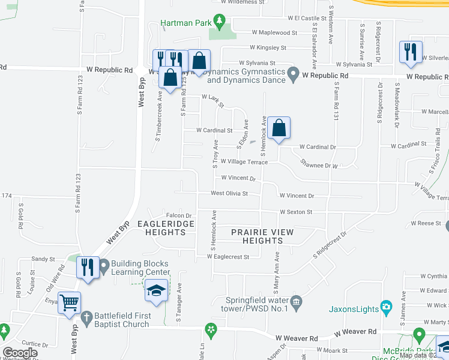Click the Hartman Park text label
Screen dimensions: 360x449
[187, 24]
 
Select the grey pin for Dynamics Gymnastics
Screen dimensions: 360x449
[293, 75]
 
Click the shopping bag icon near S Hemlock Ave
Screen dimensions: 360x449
[279, 128]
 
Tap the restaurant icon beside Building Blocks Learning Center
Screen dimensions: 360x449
[88, 267]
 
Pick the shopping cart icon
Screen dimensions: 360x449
[69, 303]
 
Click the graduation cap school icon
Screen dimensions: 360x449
[157, 292]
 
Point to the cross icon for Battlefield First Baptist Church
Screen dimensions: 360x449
[86, 316]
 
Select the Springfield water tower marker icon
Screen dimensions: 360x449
[295, 301]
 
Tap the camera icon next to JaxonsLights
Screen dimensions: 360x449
[387, 309]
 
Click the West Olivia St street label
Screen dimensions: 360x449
[229, 193]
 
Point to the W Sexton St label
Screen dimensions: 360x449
[296, 212]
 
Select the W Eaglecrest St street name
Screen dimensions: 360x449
[228, 257]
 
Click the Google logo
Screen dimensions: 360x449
[20, 353]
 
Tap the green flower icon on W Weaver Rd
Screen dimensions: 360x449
[211, 329]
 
